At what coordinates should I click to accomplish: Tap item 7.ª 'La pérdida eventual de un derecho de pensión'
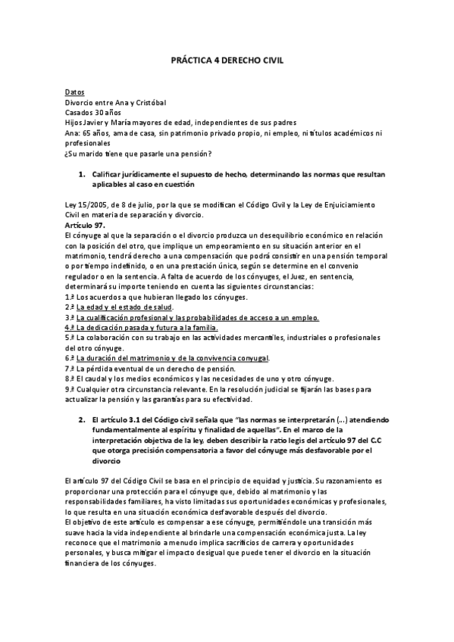pyautogui.click(x=158, y=368)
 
